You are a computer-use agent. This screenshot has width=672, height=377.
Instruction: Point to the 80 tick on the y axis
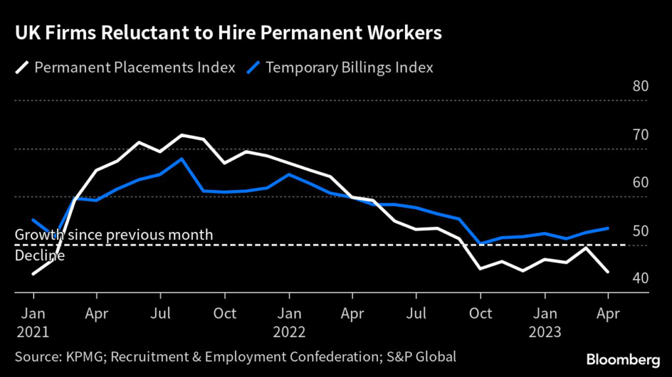pos(640,87)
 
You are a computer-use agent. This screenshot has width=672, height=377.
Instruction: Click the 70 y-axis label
pos(640,135)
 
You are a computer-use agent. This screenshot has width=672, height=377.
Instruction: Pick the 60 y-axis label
pos(640,183)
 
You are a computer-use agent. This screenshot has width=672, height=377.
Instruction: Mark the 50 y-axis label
pos(640,231)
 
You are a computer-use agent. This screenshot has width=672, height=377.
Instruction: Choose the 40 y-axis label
pos(640,279)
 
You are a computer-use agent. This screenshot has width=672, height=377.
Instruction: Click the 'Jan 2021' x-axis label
pos(33,322)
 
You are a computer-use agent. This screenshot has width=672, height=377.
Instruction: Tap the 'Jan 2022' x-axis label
pos(289,322)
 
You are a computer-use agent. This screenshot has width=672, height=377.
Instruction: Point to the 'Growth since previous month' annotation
pos(114,235)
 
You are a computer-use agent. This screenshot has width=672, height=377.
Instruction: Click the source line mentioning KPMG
pos(235,357)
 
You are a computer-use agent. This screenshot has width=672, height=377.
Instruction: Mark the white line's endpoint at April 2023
pos(608,271)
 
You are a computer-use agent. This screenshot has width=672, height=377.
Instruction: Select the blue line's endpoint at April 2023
pos(608,228)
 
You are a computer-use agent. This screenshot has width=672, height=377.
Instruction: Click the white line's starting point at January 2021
pos(33,273)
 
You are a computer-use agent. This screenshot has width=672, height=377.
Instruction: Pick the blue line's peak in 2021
pos(182,159)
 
